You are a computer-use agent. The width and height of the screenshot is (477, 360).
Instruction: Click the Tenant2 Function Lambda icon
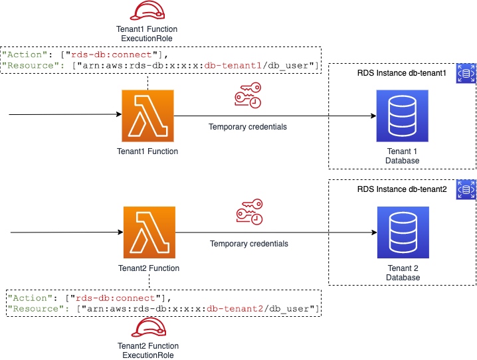pos(149,232)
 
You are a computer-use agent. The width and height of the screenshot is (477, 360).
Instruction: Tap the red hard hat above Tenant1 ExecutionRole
pos(146,11)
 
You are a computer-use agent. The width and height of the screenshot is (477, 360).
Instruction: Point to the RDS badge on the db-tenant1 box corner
pos(466,74)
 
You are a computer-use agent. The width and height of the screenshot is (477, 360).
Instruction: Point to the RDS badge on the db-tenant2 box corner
pos(466,190)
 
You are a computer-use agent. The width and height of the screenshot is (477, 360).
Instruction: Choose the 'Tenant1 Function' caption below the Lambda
pos(147,151)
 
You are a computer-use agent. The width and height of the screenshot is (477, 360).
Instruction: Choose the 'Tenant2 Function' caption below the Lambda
pos(148,268)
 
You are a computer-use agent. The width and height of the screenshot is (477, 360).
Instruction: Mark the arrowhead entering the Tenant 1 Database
pos(373,116)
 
